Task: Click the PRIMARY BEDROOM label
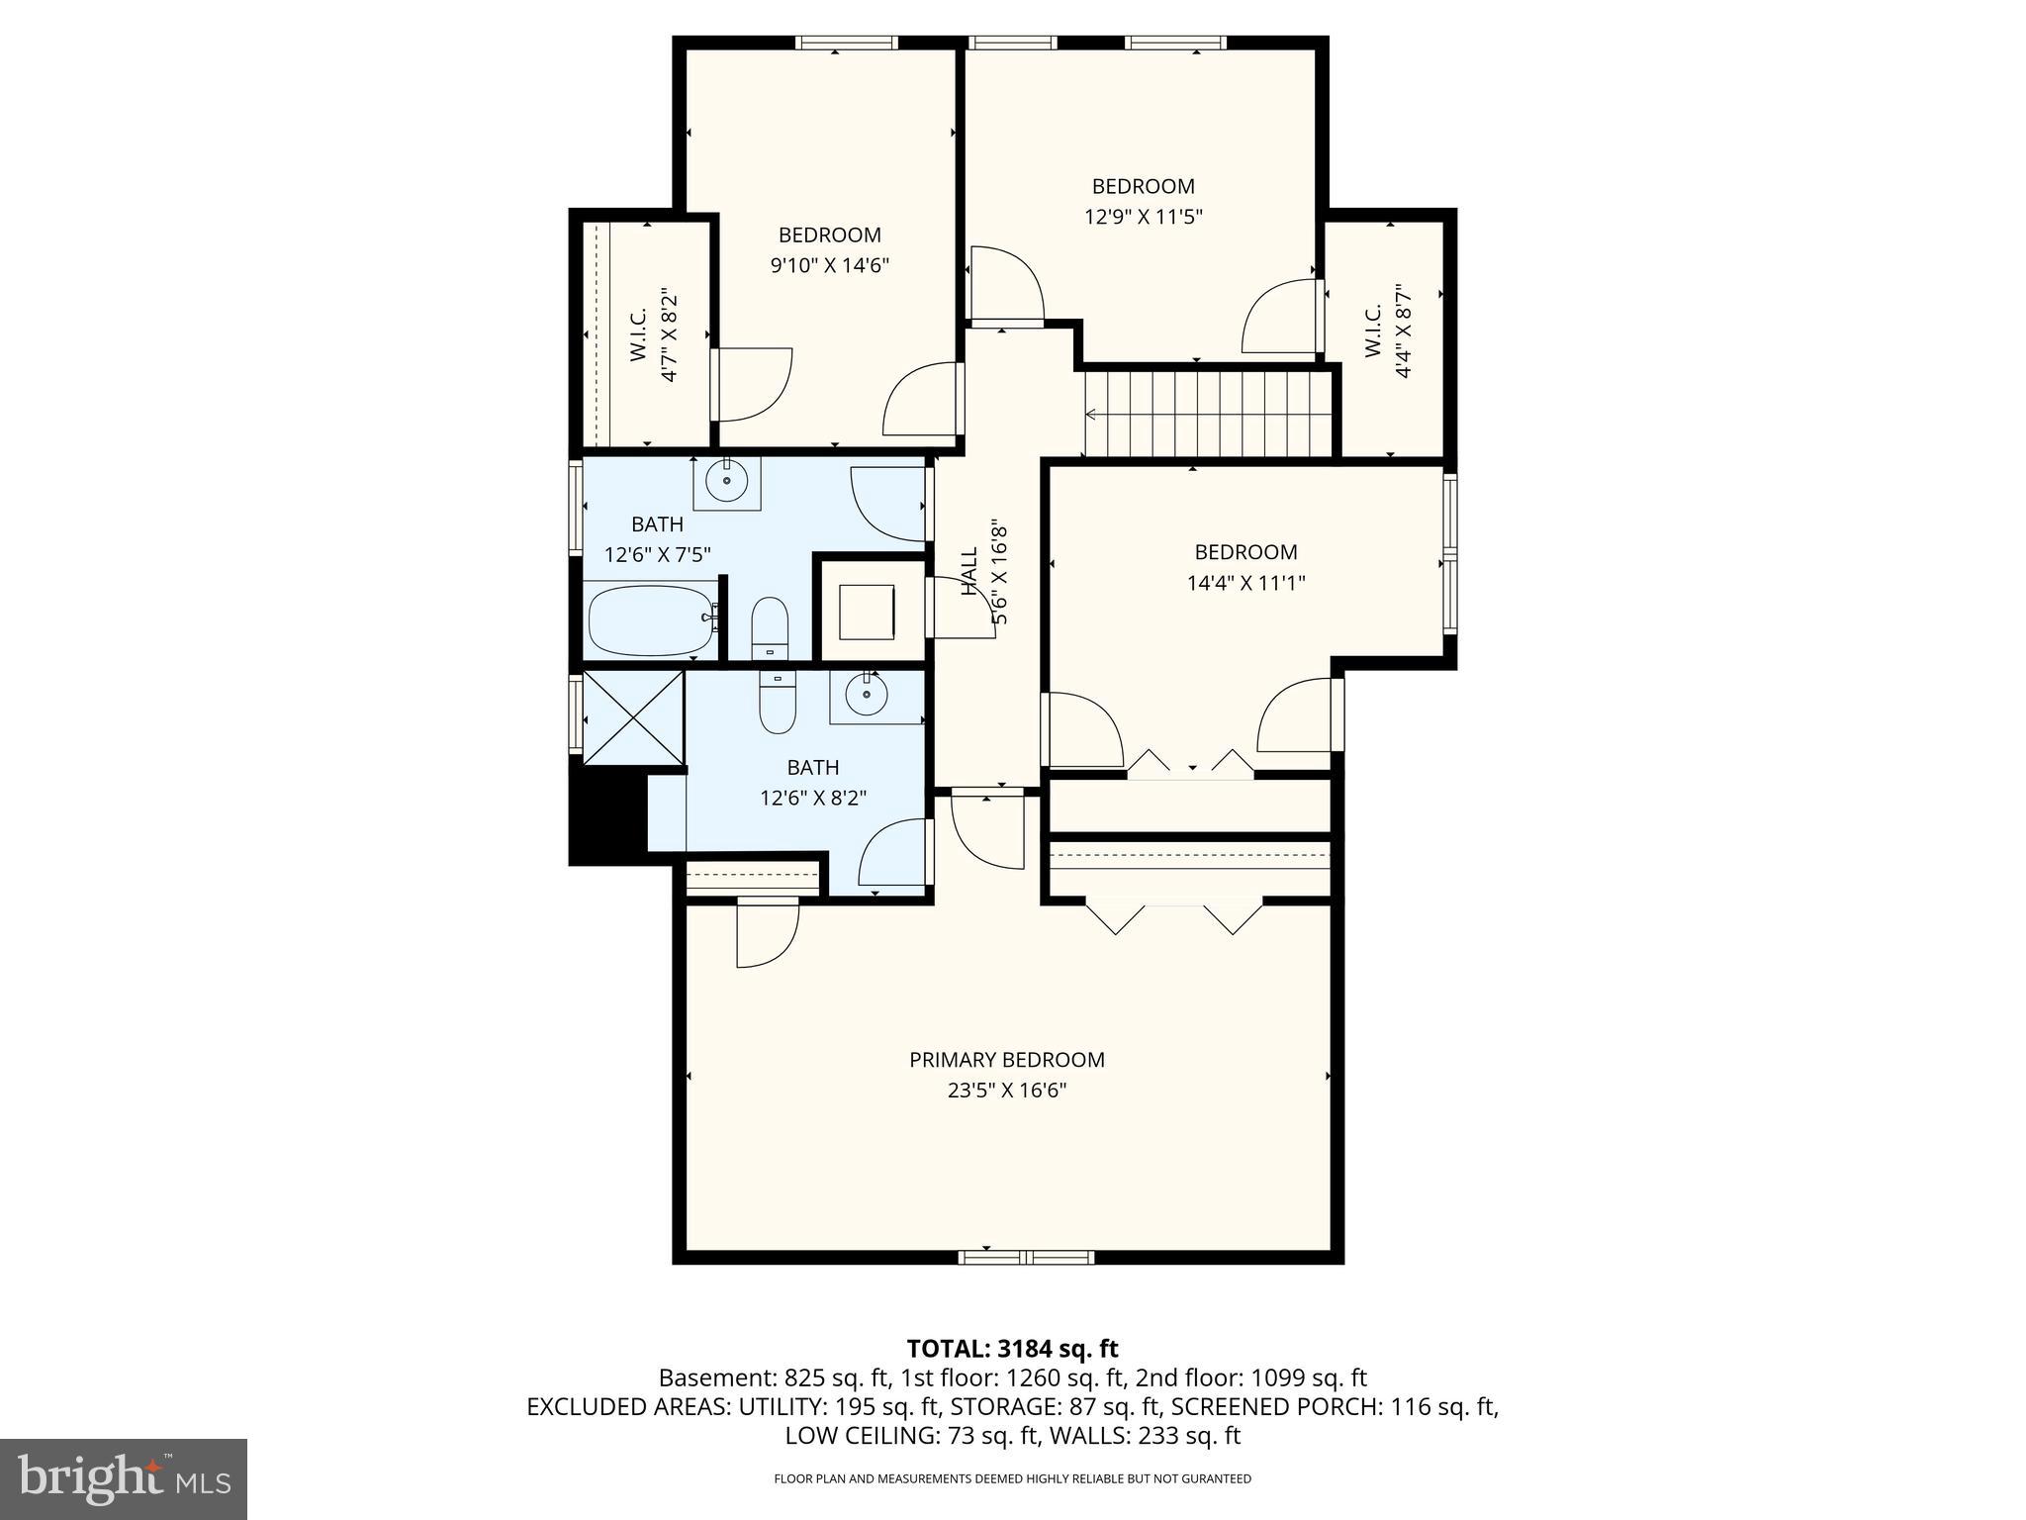(1006, 1060)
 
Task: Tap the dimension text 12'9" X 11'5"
(1143, 217)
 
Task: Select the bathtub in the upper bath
(650, 620)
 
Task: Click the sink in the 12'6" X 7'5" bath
(727, 482)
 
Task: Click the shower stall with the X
(633, 717)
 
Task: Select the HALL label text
(969, 571)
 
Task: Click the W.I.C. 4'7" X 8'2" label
(653, 334)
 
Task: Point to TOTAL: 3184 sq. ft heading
(1012, 1349)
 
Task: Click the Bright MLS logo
(124, 1478)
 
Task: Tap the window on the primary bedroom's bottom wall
(1026, 1258)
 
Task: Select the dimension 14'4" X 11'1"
(1245, 583)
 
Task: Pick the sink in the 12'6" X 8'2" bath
(868, 695)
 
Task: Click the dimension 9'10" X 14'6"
(829, 265)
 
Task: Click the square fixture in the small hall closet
(867, 612)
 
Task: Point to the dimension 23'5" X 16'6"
(1006, 1091)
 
